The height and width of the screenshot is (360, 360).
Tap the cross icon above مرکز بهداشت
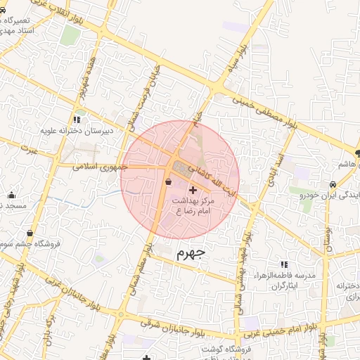[193, 191]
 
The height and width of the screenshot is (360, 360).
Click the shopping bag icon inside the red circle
[167, 182]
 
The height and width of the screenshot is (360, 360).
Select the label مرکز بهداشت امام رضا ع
[193, 206]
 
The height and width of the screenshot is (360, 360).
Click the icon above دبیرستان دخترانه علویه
[77, 120]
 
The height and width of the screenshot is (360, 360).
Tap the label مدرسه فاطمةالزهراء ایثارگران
[288, 280]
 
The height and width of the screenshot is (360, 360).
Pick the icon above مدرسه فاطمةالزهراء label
[284, 264]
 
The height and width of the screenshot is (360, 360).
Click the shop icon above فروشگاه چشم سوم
[30, 233]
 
